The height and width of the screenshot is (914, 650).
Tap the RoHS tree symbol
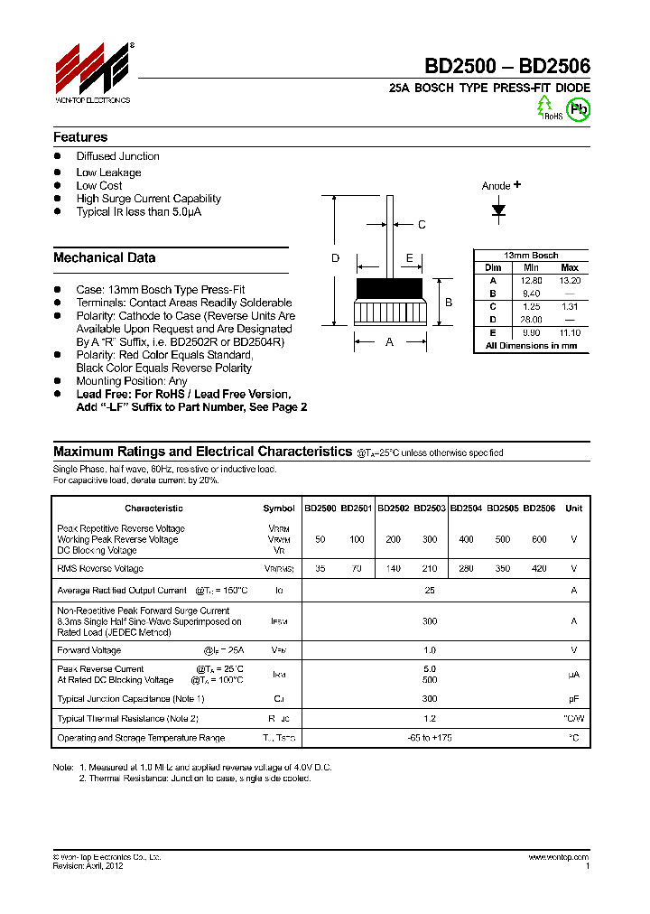544,107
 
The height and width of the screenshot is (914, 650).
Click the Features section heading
80,137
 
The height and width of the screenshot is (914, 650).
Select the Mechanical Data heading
104,257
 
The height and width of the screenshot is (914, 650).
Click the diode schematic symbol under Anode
498,210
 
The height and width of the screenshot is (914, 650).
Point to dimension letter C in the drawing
421,225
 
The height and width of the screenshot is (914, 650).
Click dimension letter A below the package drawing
390,342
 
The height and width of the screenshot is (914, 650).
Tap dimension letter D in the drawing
335,258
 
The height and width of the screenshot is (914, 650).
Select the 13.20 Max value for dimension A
570,281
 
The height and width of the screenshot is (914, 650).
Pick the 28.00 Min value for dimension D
531,320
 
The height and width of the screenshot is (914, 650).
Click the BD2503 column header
430,508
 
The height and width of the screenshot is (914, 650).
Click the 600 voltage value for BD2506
539,539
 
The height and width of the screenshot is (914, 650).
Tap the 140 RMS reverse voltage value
393,569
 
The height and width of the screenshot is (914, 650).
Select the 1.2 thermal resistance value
430,719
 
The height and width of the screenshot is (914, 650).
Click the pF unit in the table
573,699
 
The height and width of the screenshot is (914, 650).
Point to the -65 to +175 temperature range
430,738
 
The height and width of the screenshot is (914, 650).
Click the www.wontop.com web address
558,857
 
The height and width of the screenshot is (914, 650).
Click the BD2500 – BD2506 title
508,66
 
